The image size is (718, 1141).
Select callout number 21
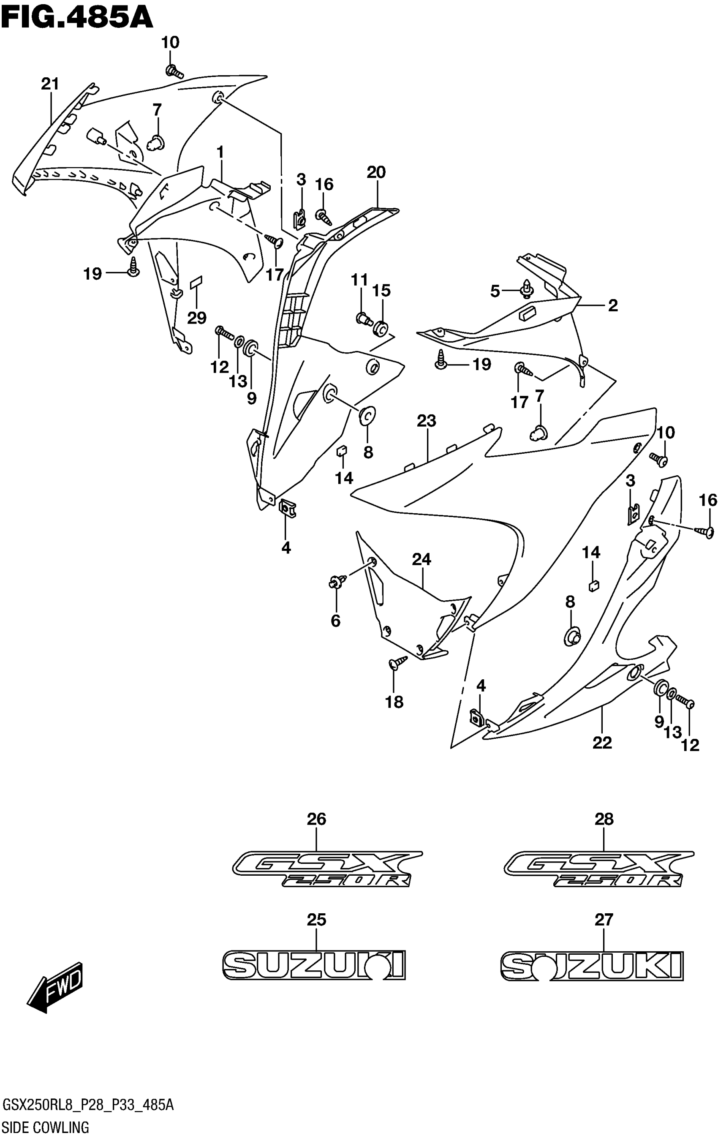(50, 84)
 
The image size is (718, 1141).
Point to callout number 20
(376, 172)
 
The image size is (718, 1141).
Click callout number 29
(196, 318)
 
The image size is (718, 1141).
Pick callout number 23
(426, 421)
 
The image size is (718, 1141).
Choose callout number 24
(421, 560)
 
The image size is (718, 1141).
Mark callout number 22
(602, 743)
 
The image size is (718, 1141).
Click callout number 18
(394, 702)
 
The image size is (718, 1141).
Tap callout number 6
(335, 621)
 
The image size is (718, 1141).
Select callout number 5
(495, 291)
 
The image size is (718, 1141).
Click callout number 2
(613, 305)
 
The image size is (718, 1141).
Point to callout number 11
(359, 280)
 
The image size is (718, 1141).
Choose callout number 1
(220, 152)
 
